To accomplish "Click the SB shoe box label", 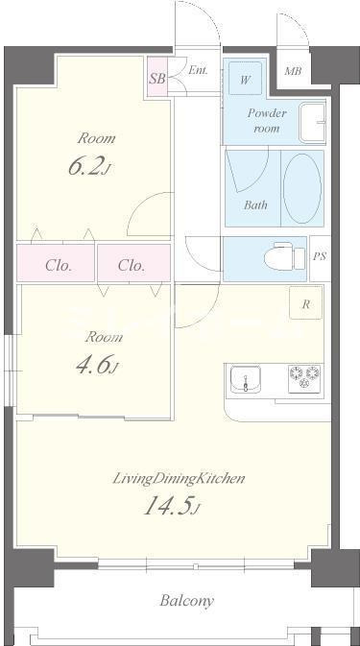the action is (156, 79).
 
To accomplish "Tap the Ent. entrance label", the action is (198, 70).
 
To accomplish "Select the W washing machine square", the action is (246, 79).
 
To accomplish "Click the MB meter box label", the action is (293, 71).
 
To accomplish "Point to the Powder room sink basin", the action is (312, 123).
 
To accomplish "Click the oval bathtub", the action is (302, 189).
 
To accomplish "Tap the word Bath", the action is (255, 204).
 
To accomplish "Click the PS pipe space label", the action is (320, 256).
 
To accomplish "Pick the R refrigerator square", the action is (305, 302).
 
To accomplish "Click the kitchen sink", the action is (246, 379).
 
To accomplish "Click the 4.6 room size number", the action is (94, 365).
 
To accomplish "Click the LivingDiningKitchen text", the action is (180, 479).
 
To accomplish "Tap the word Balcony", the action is (187, 601).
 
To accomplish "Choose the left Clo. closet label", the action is (59, 265).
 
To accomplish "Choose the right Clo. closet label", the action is (132, 265).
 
